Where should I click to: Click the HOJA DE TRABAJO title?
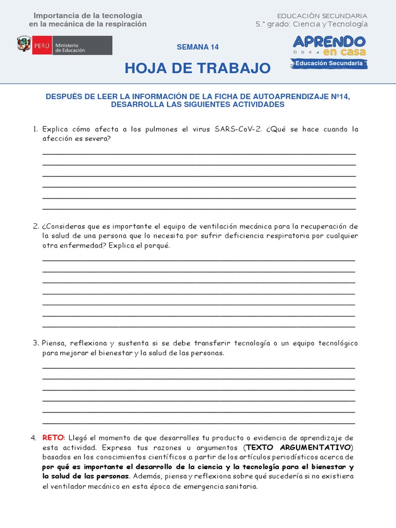click(197, 68)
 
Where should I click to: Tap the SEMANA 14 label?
click(197, 47)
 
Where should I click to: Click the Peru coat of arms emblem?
click(24, 45)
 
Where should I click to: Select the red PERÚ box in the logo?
click(41, 45)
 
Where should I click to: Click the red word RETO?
click(53, 438)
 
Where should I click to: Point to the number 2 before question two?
click(36, 226)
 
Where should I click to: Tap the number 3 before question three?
click(36, 343)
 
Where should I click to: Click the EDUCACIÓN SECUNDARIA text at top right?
click(322, 16)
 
